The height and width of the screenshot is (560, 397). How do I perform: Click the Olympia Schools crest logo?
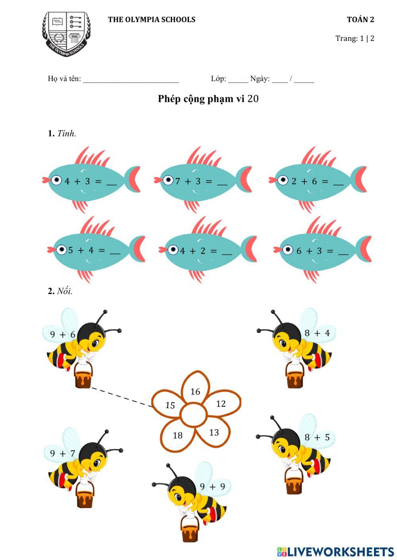66,33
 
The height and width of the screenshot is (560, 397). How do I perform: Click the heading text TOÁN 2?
360,19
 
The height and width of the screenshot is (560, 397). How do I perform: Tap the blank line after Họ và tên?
131,79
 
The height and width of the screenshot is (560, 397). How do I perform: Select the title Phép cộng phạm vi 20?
208,99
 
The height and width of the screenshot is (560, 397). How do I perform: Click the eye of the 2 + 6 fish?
283,180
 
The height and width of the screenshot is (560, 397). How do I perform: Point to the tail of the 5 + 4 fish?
138,249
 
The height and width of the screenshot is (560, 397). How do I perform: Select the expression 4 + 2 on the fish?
193,251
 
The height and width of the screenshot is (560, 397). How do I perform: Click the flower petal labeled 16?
195,390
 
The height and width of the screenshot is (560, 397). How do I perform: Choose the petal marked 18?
177,436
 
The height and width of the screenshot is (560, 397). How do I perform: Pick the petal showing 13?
214,432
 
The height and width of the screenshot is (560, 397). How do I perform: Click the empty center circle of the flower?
193,415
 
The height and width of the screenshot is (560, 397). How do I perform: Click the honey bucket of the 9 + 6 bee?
83,377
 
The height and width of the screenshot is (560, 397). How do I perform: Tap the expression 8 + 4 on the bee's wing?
317,333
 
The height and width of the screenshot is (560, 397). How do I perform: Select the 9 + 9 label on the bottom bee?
212,487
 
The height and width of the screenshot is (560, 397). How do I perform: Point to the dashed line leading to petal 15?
121,397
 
